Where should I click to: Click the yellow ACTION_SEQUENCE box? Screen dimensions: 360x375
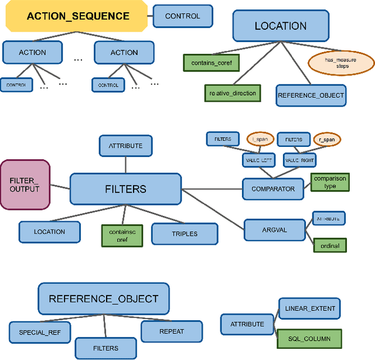[x=77, y=16]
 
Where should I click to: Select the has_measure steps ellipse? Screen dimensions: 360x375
[x=341, y=61]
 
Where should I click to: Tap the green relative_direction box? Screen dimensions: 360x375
[x=233, y=93]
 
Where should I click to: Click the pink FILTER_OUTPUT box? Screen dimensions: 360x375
[x=25, y=184]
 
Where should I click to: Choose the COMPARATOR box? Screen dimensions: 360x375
[x=272, y=189]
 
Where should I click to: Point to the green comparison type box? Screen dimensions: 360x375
[x=330, y=182]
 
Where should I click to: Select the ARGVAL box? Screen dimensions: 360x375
[x=275, y=229]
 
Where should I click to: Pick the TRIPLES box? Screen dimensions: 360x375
[x=185, y=233]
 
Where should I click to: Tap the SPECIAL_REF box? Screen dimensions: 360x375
[x=39, y=331]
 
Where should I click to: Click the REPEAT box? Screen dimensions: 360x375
[x=172, y=331]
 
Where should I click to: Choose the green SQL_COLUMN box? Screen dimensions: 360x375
[x=309, y=338]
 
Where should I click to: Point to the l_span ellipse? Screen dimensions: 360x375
[x=260, y=139]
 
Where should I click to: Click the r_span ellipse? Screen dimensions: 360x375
[x=327, y=139]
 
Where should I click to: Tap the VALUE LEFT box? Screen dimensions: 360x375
[x=258, y=159]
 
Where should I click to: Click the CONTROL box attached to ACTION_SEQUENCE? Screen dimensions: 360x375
[x=182, y=16]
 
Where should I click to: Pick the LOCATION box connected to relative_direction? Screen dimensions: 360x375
[x=280, y=26]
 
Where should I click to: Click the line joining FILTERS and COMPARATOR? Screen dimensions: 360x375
[x=212, y=189]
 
